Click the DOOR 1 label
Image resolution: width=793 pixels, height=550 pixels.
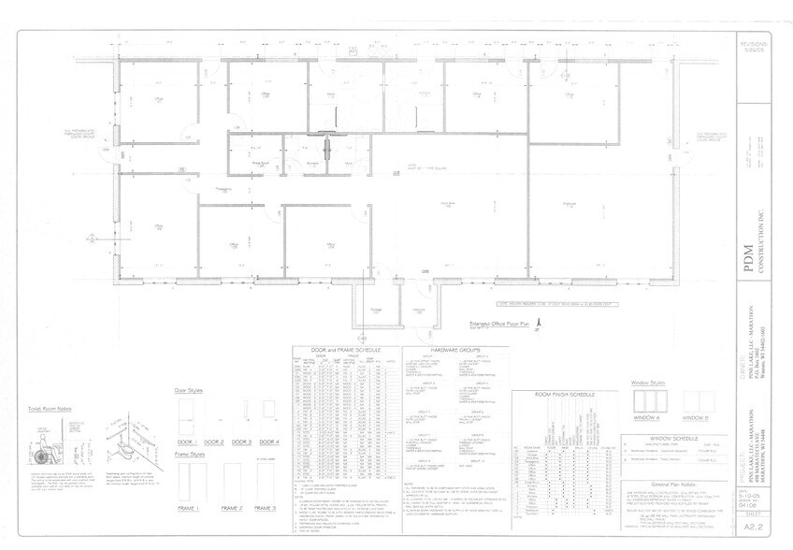[x=186, y=441]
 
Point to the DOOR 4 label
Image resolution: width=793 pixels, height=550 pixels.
[x=269, y=441]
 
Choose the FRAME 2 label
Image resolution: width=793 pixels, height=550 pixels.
[x=231, y=507]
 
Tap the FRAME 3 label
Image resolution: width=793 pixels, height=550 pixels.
[x=267, y=507]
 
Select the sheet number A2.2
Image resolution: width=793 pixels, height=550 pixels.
[x=748, y=527]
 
